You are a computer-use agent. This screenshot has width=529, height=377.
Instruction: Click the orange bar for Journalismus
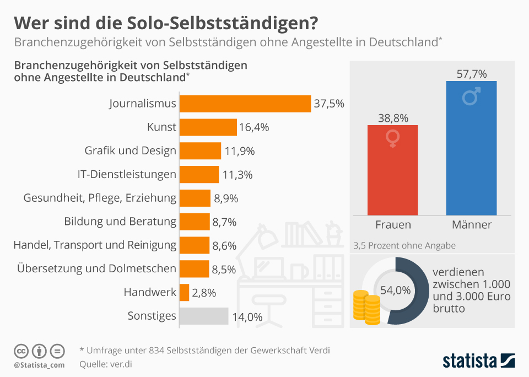point(246,104)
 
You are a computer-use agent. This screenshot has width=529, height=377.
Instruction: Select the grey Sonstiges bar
point(204,316)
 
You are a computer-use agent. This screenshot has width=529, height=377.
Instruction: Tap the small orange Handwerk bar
point(185,292)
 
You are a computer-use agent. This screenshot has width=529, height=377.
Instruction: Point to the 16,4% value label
point(254,127)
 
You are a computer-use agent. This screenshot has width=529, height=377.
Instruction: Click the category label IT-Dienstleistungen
point(127,174)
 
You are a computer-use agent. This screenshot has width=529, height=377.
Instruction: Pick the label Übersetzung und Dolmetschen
point(97,268)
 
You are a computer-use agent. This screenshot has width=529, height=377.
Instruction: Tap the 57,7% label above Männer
point(472,73)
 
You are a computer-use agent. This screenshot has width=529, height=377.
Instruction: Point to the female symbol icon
point(393,138)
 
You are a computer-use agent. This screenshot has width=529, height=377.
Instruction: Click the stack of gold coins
point(366,308)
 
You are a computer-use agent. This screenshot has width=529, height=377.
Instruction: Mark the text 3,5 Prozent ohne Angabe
point(404,245)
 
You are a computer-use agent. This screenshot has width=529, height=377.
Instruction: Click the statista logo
point(478,361)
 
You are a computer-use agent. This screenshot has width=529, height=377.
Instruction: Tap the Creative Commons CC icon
point(21,351)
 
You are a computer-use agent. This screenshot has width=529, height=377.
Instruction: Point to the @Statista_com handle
point(39,365)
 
